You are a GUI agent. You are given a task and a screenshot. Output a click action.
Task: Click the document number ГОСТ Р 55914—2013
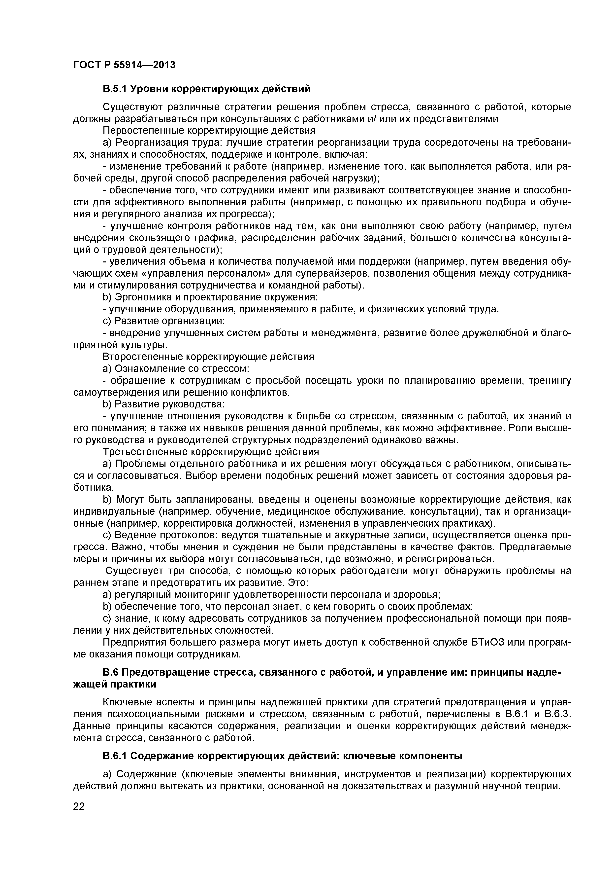[124, 65]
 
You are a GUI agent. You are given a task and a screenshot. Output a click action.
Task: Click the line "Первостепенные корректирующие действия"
[209, 131]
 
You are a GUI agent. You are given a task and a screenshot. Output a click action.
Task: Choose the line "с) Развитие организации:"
[164, 321]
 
